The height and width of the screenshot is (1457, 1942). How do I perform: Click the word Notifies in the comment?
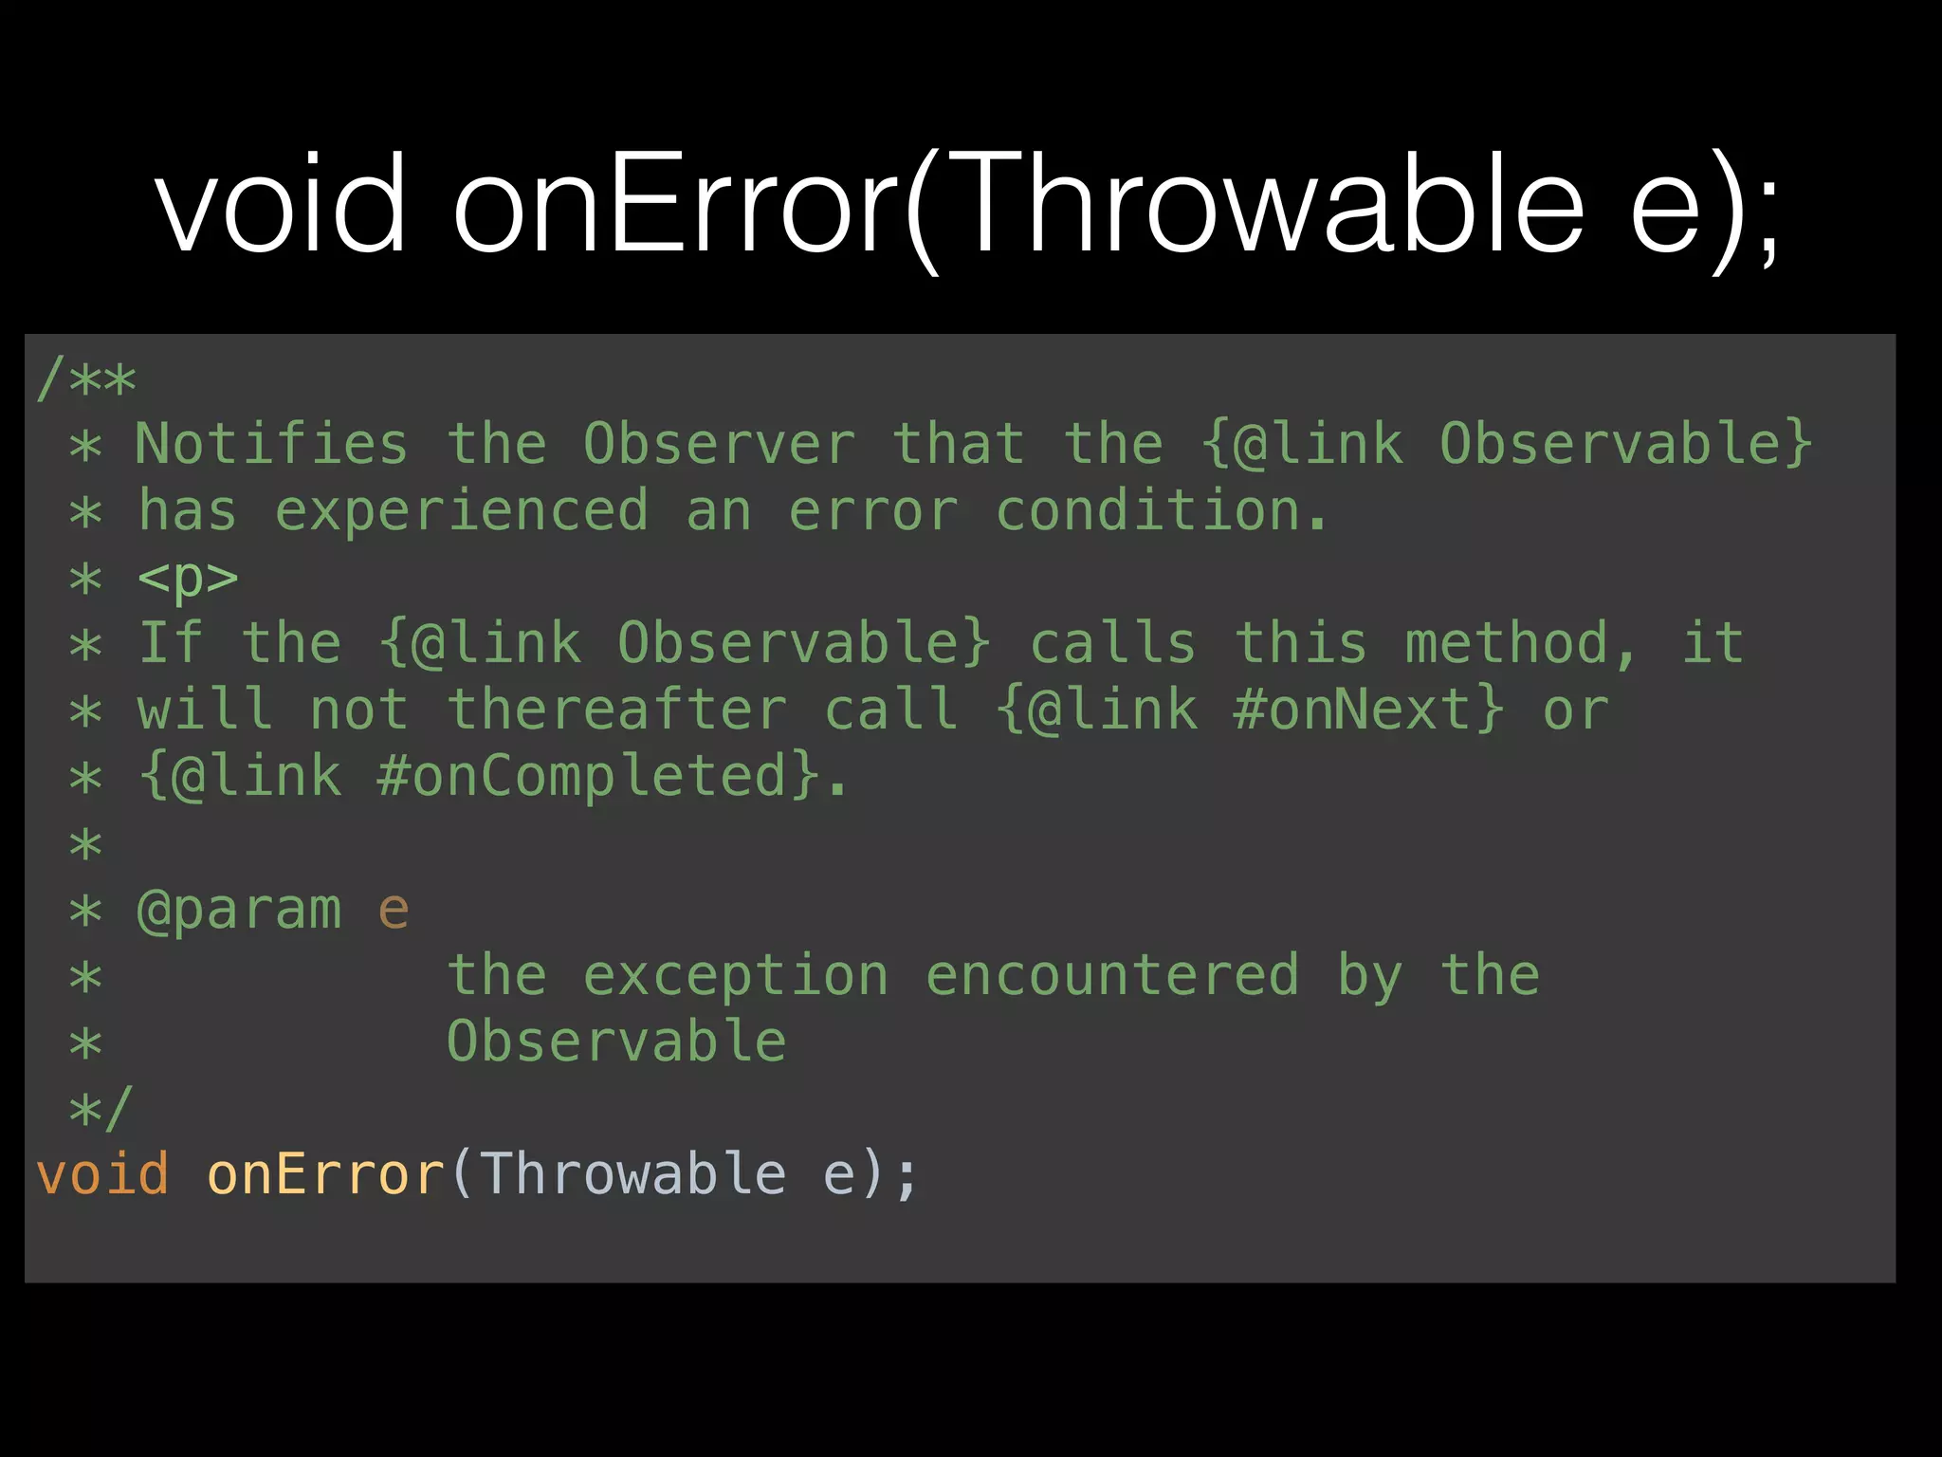click(x=271, y=443)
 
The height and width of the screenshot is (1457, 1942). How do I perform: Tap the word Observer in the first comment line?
click(x=719, y=443)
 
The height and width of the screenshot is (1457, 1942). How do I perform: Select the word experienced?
click(x=461, y=512)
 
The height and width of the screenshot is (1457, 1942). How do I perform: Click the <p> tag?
click(x=188, y=578)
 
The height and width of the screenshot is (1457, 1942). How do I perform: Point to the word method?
click(x=1508, y=643)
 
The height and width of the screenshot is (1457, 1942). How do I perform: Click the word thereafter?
click(x=616, y=710)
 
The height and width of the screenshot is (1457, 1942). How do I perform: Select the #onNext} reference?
click(x=1368, y=710)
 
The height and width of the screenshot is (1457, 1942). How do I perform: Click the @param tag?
click(x=239, y=911)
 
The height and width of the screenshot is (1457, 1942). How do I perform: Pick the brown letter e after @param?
click(x=394, y=911)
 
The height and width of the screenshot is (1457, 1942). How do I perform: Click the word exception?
click(x=736, y=976)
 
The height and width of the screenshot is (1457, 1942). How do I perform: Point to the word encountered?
click(x=1111, y=976)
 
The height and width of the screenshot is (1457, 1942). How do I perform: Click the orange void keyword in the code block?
click(x=102, y=1174)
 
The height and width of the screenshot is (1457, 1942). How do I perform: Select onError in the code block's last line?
click(x=325, y=1174)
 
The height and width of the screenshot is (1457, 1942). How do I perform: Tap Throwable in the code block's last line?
click(x=632, y=1174)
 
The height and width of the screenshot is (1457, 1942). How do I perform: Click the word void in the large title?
click(x=282, y=206)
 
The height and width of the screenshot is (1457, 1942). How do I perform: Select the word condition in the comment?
click(x=1148, y=512)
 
